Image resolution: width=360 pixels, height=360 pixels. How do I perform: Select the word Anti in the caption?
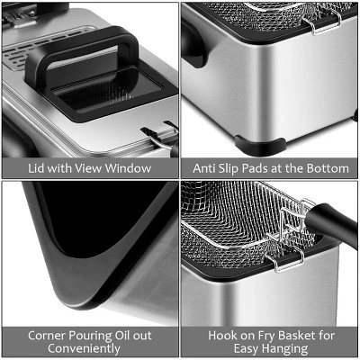(205, 168)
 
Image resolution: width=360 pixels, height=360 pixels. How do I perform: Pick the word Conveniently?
(89, 347)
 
